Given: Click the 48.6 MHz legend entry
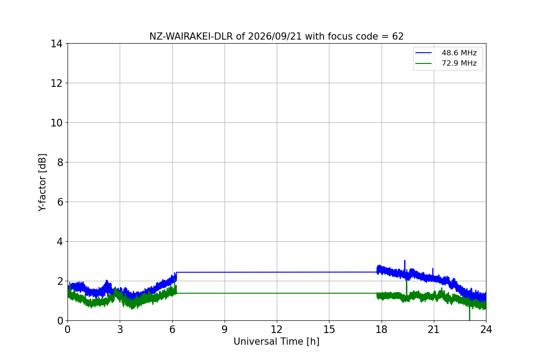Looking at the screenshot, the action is (446, 53).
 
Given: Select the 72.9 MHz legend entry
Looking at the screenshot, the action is (446, 63).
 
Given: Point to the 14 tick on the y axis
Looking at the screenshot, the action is (56, 44).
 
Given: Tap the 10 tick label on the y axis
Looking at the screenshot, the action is (56, 123).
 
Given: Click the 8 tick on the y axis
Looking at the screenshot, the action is (60, 162).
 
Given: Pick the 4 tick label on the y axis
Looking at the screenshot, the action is (60, 241).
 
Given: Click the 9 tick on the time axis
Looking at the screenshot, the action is (225, 329).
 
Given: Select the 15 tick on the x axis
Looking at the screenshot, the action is (329, 329).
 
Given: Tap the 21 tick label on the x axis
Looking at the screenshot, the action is (434, 329).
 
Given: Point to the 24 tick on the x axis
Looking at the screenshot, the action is (486, 329).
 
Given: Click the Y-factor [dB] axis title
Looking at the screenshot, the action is (42, 183).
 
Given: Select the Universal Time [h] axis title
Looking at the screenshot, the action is (276, 342).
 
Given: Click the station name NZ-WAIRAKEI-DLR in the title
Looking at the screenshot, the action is (191, 36).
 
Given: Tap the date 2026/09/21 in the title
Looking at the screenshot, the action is (275, 36).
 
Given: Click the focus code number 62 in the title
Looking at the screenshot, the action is (398, 36).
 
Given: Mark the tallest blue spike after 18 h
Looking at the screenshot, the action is (405, 261).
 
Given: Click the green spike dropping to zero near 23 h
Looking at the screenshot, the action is (469, 314).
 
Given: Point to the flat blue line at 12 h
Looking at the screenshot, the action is (277, 272).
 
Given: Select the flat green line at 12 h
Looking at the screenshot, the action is (277, 293).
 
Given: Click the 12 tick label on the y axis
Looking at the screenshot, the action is (56, 83).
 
